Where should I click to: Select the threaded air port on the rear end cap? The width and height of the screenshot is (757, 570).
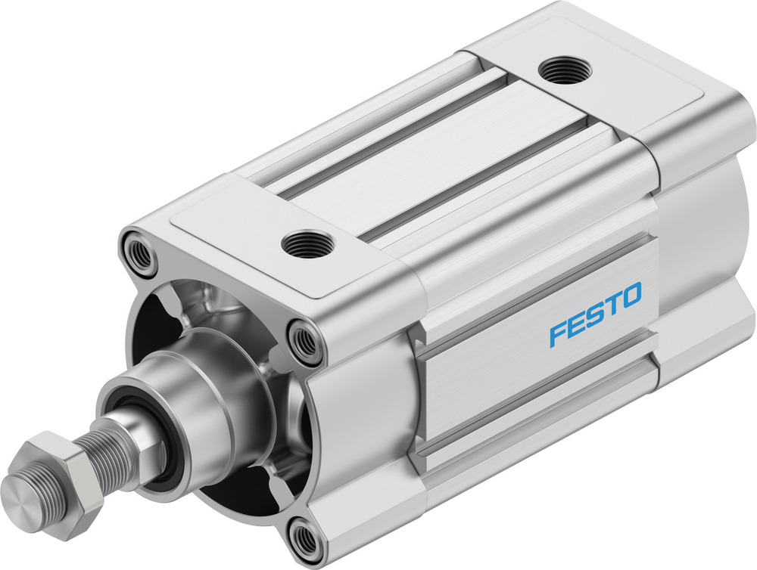[x=565, y=70]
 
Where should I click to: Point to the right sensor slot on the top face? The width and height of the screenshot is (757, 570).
[x=484, y=178]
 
